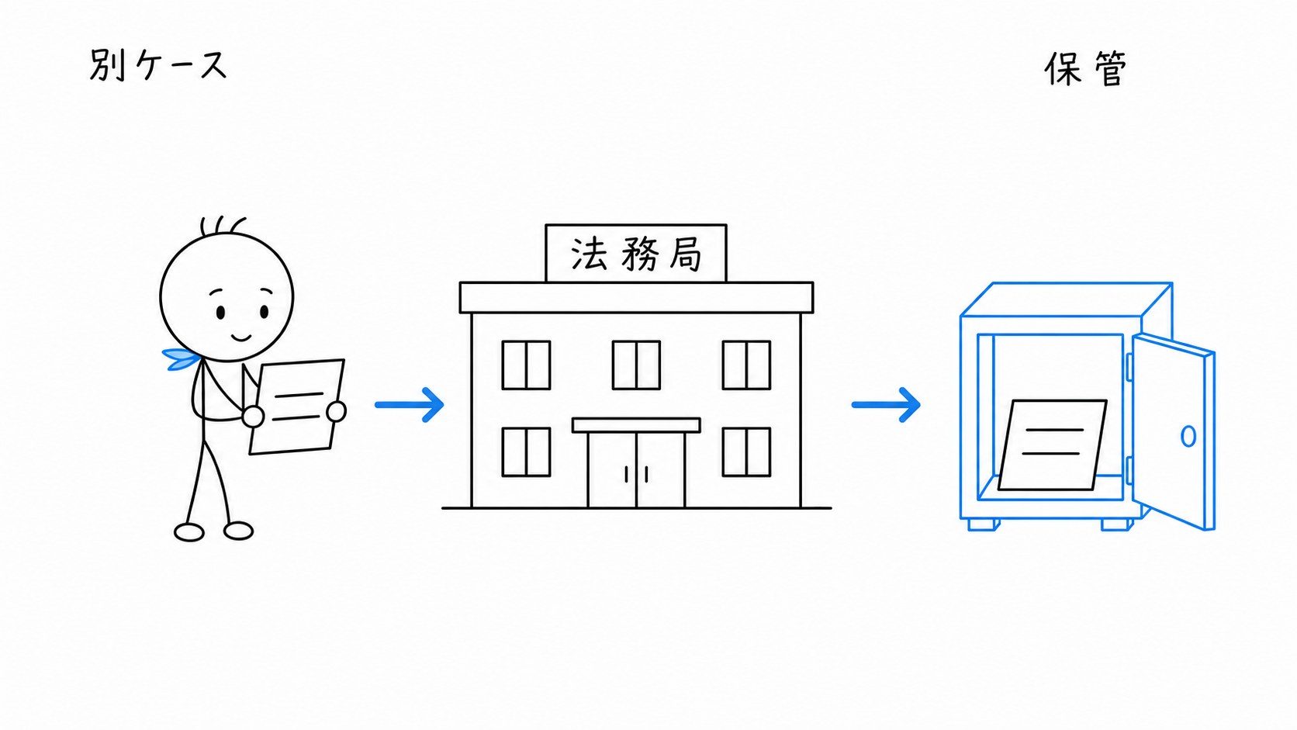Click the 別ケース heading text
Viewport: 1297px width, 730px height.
point(158,65)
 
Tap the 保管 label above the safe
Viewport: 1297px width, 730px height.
point(1086,69)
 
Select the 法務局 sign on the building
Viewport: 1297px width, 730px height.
point(636,254)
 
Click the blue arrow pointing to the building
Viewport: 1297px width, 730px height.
point(410,405)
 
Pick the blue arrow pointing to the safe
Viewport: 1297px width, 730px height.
point(886,405)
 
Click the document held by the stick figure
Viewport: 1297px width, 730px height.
point(297,407)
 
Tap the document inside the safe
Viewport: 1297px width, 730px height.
point(1052,445)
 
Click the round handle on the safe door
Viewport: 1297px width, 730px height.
point(1188,436)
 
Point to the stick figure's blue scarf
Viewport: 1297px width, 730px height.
point(182,359)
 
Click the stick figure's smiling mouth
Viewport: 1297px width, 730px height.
point(241,337)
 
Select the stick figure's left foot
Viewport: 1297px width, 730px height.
point(189,532)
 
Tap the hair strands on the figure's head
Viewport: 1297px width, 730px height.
point(223,226)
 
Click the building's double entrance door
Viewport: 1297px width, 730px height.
point(636,470)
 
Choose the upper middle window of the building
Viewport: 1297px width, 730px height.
point(636,365)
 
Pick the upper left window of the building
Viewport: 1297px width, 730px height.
point(527,365)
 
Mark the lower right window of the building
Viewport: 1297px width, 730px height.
point(746,452)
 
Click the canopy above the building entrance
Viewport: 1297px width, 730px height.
point(636,425)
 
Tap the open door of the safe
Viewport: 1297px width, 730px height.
point(1173,431)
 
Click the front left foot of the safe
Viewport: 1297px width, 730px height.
point(983,524)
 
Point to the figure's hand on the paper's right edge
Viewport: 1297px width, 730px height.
point(337,412)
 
